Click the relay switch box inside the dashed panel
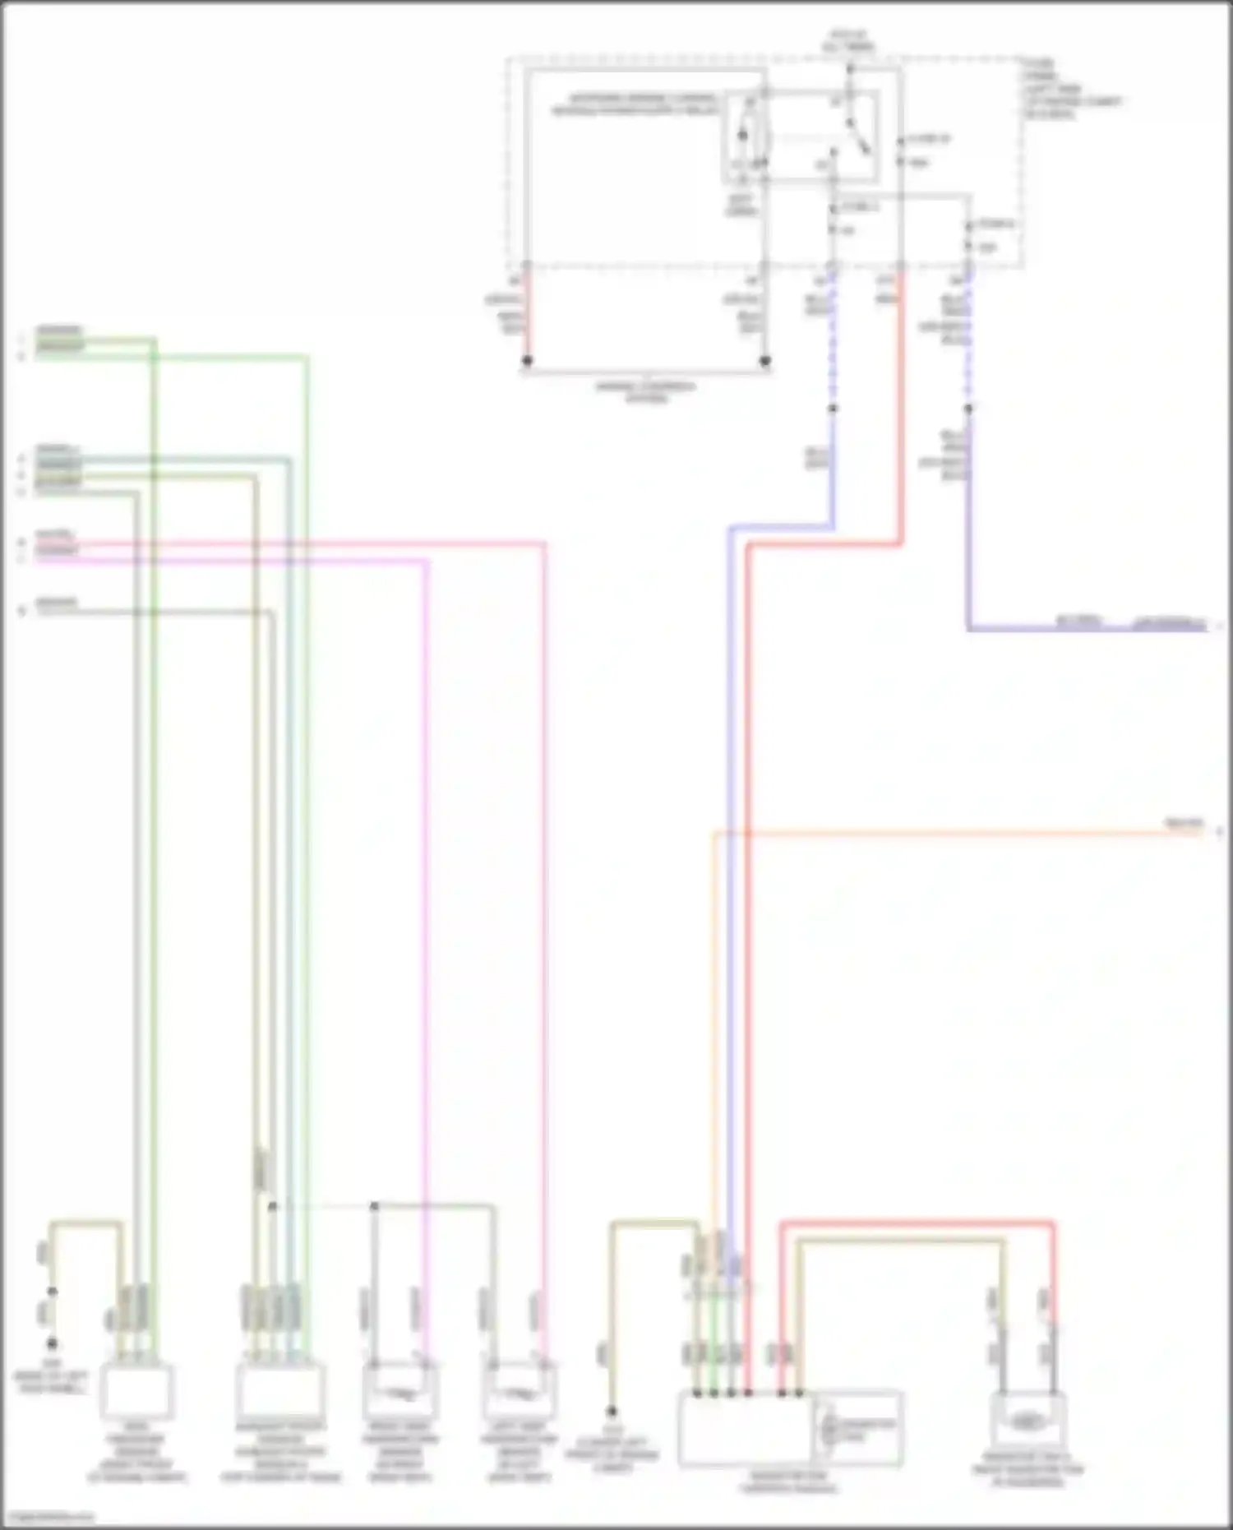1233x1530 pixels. click(x=801, y=136)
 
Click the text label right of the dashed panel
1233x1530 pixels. click(x=1069, y=89)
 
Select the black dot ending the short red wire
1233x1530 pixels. click(x=528, y=361)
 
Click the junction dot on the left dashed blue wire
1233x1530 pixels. click(x=833, y=409)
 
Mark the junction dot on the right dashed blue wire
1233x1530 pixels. click(x=968, y=409)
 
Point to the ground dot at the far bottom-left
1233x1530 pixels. click(x=52, y=1343)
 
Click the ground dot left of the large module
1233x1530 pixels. click(x=612, y=1411)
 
